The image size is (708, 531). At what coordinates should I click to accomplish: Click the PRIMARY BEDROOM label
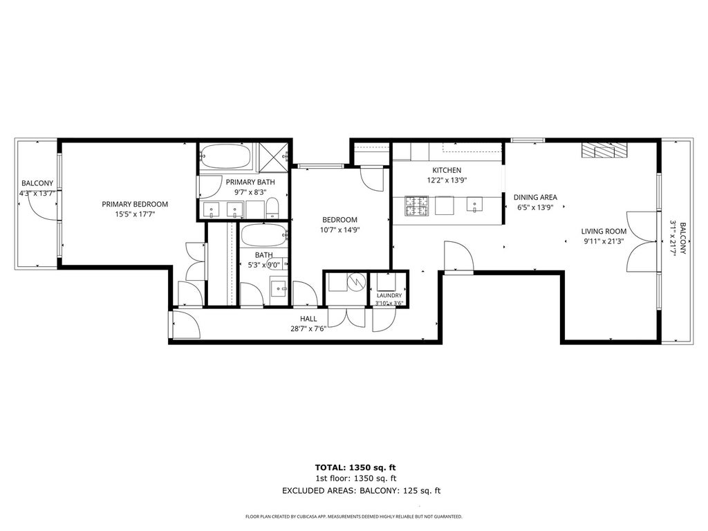pos(135,204)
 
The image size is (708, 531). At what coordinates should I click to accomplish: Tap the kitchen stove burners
pos(416,205)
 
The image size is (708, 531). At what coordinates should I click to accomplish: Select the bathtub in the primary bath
pos(225,157)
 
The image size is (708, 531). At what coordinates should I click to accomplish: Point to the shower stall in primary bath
pos(272,157)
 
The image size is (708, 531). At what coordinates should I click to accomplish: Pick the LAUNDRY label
pos(389,295)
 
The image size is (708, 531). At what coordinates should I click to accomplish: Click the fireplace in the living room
pos(604,150)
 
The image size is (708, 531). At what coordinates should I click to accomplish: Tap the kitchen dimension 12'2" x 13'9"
pos(447,180)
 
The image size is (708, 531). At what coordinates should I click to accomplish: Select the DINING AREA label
pos(535,197)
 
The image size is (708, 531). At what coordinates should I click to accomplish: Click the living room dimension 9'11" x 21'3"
pos(604,241)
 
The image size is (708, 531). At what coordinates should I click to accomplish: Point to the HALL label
pos(308,319)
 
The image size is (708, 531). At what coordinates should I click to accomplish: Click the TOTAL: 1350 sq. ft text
pos(355,468)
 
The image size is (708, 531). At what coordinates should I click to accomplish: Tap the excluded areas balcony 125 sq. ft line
pos(361,491)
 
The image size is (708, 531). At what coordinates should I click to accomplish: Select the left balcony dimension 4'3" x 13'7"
pos(37,194)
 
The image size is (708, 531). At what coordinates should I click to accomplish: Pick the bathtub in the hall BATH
pos(263,235)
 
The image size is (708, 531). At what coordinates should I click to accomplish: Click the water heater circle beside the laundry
pos(356,282)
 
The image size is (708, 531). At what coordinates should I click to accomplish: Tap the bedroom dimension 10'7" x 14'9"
pos(340,230)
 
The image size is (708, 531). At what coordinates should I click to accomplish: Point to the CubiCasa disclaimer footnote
pos(353,516)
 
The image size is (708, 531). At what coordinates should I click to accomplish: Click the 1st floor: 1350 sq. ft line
pos(356,478)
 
